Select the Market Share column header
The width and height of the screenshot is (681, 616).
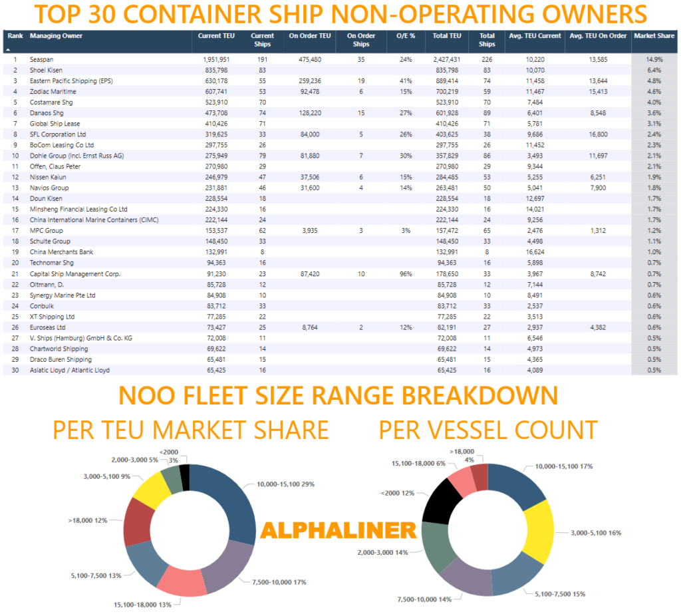point(653,36)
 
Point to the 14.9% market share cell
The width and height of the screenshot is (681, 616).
point(654,59)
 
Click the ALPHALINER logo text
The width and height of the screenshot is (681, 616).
point(338,530)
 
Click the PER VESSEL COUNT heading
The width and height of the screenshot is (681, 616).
point(488,430)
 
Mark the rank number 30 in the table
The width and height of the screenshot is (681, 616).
point(15,370)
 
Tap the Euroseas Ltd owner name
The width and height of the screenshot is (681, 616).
point(48,327)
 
